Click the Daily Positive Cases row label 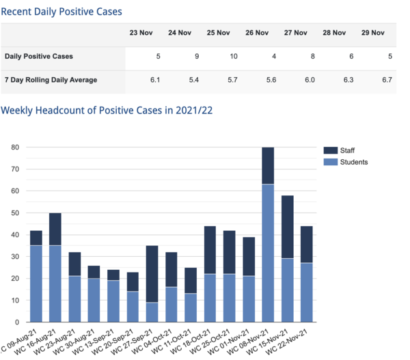38,56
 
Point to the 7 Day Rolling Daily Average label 51,80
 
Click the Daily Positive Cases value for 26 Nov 273,56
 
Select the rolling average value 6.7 387,80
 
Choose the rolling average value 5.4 194,80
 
